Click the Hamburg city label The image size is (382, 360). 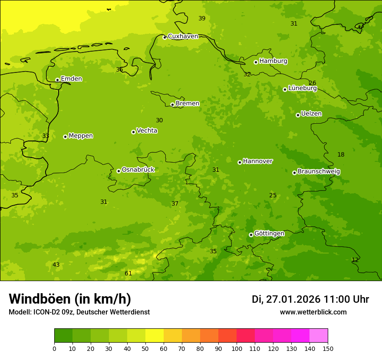[x=273, y=61]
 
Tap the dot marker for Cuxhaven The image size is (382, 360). [x=165, y=37]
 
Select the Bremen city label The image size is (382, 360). [x=187, y=104]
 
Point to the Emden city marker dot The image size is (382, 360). [x=57, y=80]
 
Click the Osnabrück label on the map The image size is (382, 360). [x=138, y=170]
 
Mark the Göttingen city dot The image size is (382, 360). [x=251, y=235]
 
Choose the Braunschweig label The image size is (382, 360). [x=319, y=172]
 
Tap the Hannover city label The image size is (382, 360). [x=257, y=161]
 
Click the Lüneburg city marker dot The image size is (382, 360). [x=285, y=89]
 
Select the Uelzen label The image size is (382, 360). [x=311, y=114]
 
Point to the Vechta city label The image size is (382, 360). [x=147, y=131]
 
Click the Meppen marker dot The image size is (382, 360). [x=65, y=137]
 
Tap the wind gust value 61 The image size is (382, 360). [x=128, y=273]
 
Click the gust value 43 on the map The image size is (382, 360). [x=56, y=265]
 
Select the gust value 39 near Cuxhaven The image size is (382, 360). [x=202, y=18]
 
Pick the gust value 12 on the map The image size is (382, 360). [x=355, y=260]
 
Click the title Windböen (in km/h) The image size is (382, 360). [x=69, y=299]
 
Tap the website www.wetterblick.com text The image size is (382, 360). [x=313, y=312]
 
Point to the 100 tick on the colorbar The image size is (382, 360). [x=237, y=348]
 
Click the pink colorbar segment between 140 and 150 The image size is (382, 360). [x=319, y=335]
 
